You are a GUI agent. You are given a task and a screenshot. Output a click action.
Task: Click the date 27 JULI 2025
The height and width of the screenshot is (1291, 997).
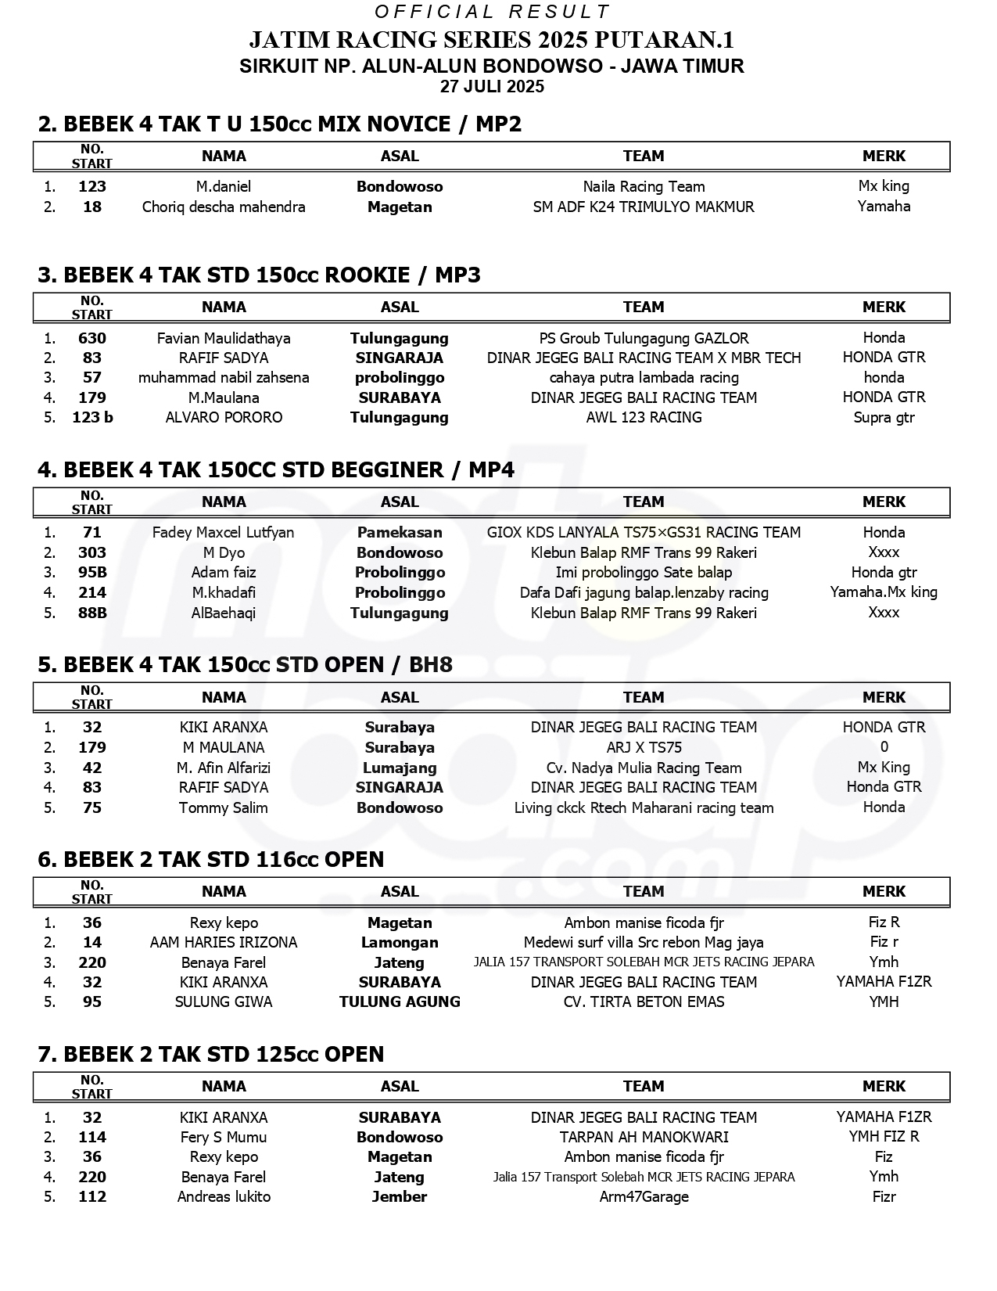point(492,87)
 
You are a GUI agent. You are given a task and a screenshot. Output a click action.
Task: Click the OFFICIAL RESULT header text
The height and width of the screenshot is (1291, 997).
point(492,12)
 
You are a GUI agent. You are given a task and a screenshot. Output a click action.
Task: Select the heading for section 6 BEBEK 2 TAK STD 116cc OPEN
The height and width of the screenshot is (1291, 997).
point(211,859)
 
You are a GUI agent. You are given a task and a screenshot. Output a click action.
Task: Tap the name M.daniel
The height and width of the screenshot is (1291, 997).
point(224,187)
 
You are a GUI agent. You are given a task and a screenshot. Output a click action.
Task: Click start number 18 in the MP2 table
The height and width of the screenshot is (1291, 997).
point(92,207)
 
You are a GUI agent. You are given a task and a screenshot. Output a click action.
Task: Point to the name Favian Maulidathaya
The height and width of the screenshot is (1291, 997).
point(224,339)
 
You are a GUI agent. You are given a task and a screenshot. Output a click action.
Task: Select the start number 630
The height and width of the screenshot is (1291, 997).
point(92,339)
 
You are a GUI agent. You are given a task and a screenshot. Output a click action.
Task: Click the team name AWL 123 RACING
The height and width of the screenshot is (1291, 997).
point(644,418)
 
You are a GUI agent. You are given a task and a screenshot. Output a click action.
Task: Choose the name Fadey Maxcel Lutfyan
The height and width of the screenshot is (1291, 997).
point(224,533)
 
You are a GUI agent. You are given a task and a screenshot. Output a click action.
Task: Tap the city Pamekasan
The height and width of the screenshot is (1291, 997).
point(400,533)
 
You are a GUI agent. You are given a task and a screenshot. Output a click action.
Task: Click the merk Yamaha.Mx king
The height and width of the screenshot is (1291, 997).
point(884,592)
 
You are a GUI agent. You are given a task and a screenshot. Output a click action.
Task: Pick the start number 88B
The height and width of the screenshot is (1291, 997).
point(92,613)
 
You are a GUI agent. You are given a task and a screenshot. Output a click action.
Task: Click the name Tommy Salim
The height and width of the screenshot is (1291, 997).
point(224,808)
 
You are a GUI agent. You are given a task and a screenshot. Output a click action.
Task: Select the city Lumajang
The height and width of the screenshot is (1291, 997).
point(400,768)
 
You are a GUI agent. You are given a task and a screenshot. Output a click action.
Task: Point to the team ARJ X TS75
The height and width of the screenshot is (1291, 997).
point(644,748)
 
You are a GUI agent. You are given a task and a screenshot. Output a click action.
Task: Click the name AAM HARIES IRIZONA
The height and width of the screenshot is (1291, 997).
point(224,943)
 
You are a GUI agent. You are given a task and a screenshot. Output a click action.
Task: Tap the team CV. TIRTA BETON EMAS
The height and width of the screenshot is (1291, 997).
point(644,1002)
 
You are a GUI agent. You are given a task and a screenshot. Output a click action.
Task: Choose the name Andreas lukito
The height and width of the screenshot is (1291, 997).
point(224,1197)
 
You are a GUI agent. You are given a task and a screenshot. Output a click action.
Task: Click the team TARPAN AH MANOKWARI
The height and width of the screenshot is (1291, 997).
point(644,1138)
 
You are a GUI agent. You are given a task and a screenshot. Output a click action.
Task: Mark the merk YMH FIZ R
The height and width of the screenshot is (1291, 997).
point(884,1137)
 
